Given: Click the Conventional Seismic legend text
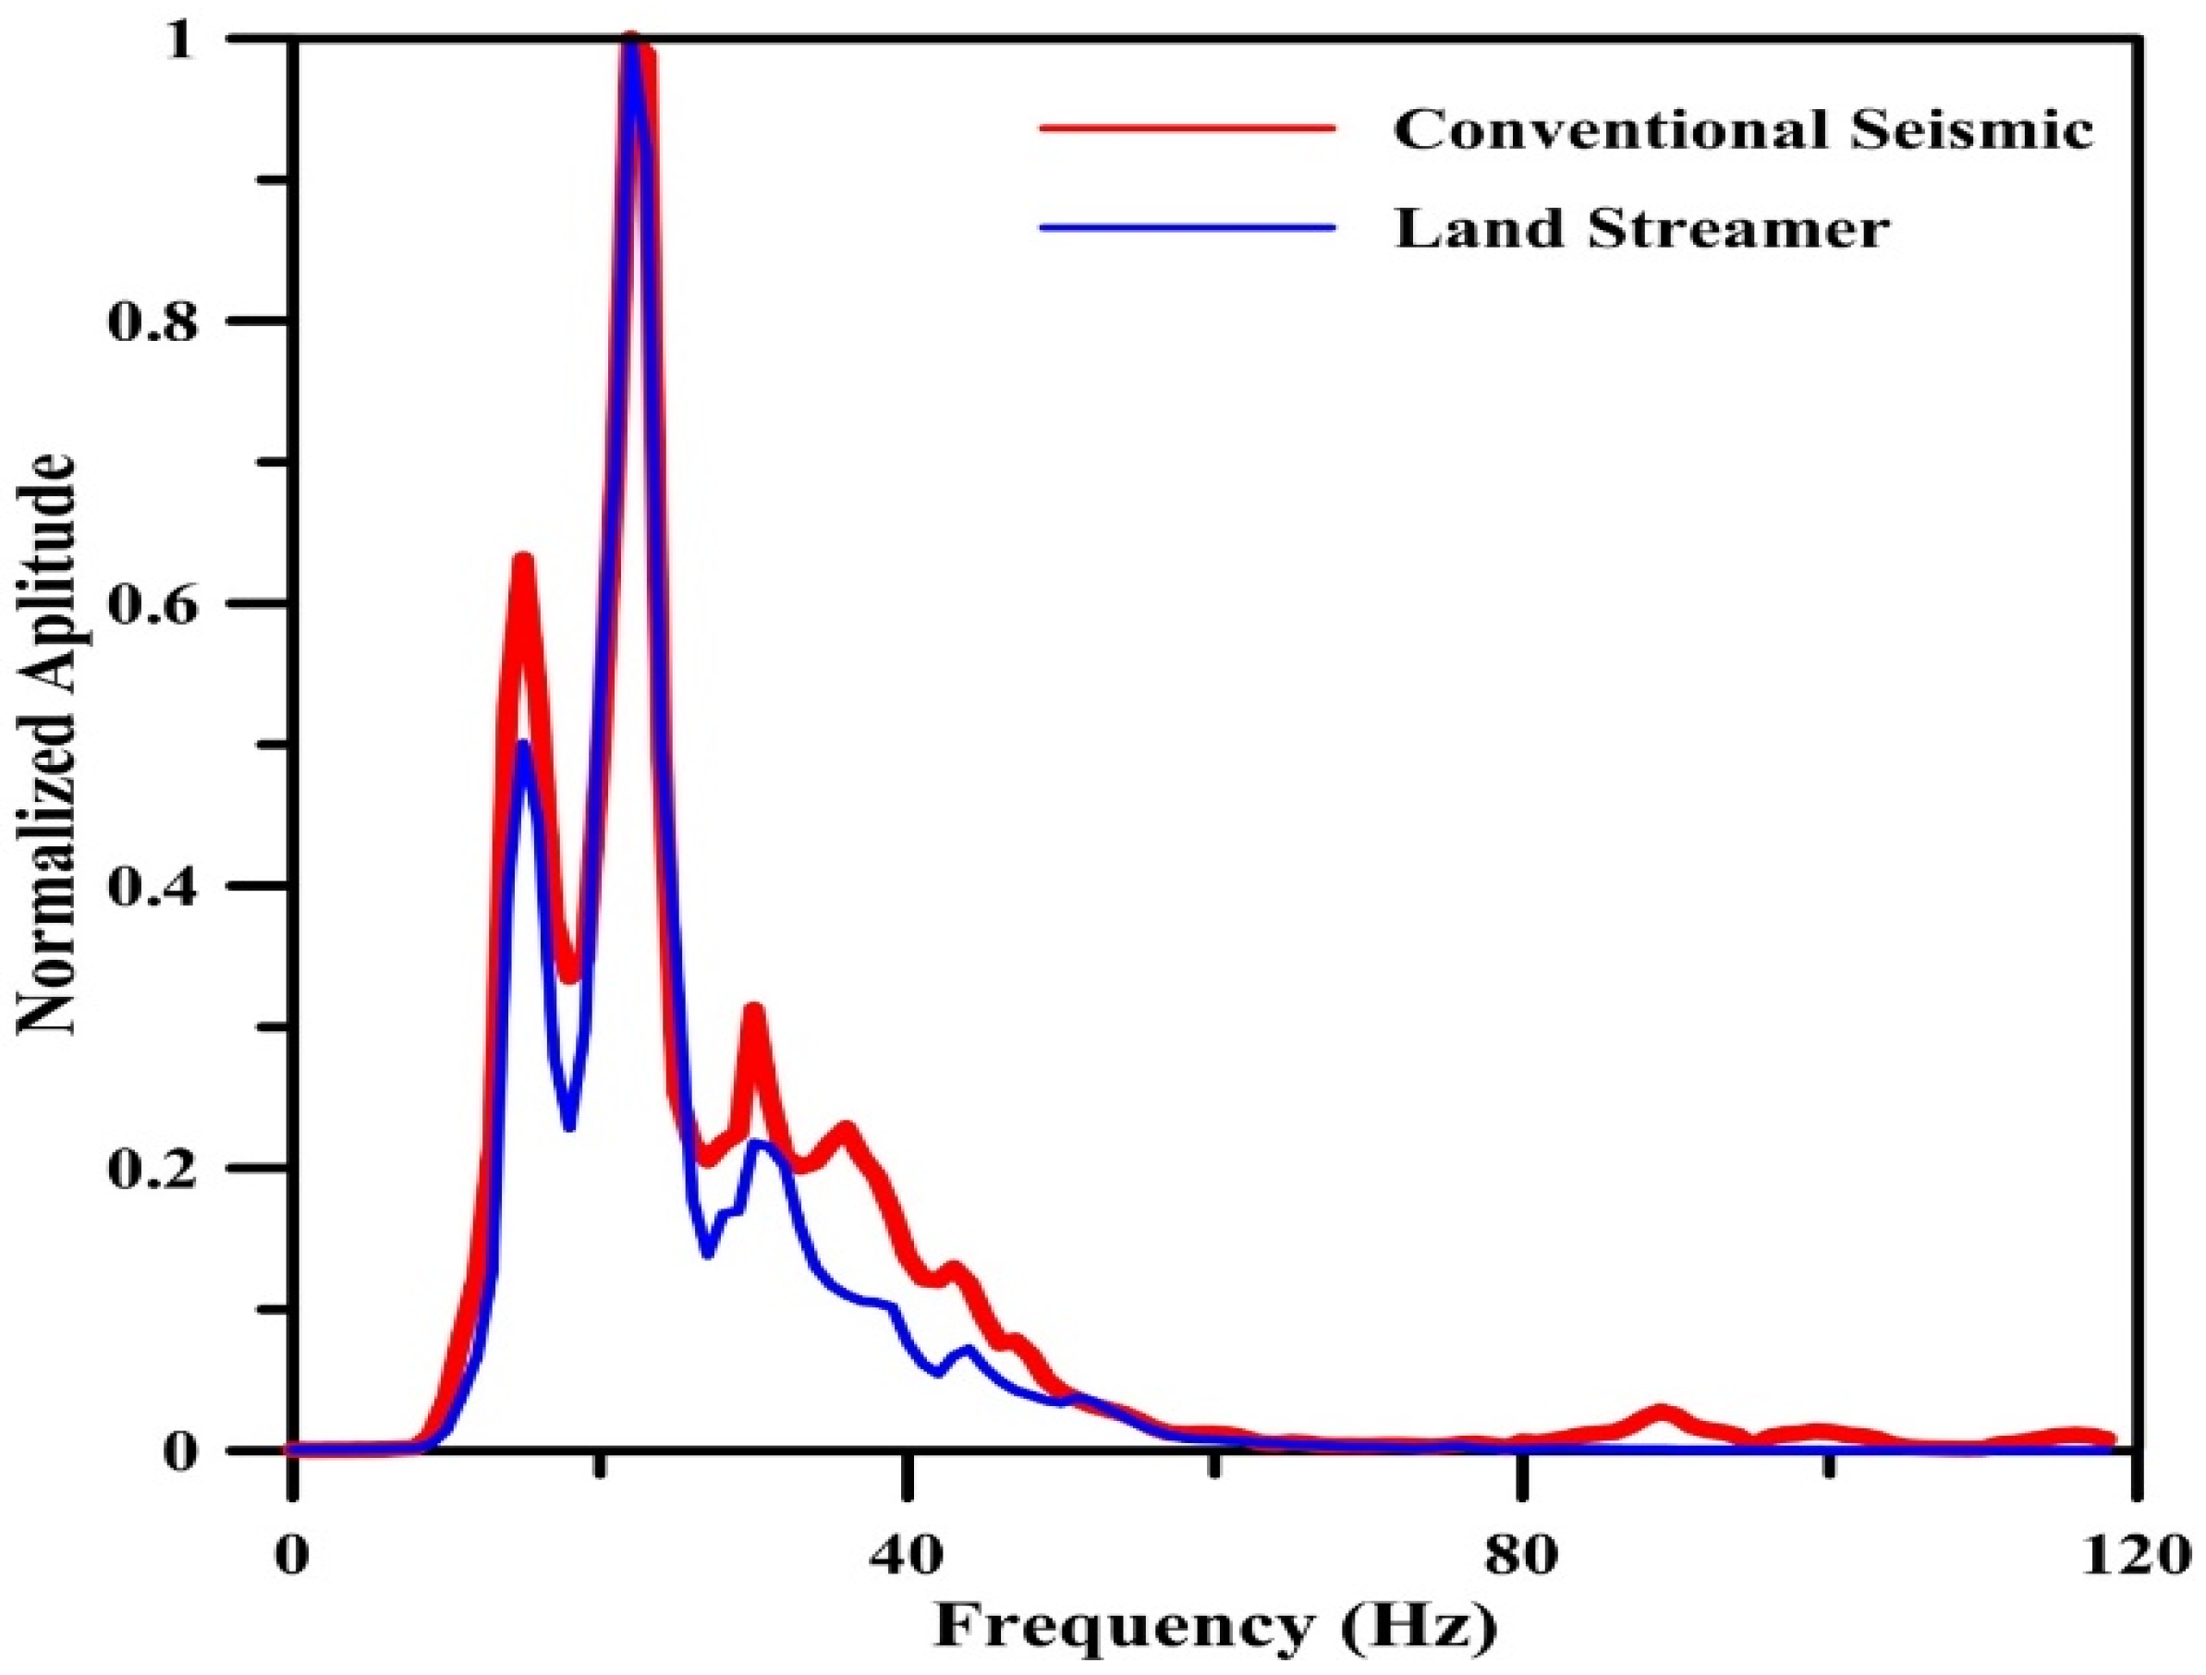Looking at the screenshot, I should pyautogui.click(x=1743, y=129).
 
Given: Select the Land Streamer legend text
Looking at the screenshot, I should pyautogui.click(x=1641, y=229).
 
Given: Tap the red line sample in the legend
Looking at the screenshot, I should pyautogui.click(x=1187, y=127).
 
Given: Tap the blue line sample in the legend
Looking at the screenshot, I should pyautogui.click(x=1187, y=227).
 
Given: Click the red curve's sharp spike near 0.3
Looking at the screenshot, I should pyautogui.click(x=754, y=1010).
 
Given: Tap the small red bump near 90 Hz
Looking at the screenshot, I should pyautogui.click(x=1662, y=1413).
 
